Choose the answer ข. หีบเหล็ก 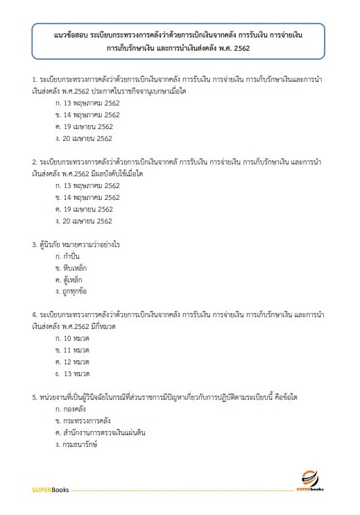click(73, 268)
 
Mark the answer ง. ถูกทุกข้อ click(73, 292)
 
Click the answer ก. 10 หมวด click(73, 338)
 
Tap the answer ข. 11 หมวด click(73, 350)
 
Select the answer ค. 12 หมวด click(73, 362)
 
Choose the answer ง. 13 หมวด click(74, 373)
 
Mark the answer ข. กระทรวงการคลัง click(83, 421)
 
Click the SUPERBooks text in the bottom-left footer click(51, 490)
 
